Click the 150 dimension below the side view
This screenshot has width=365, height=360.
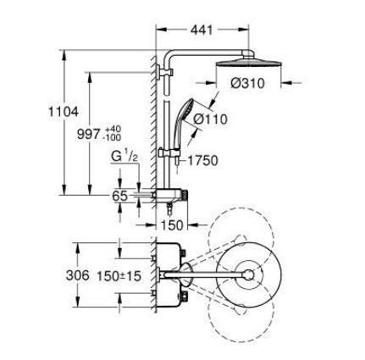pyautogui.click(x=173, y=224)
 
